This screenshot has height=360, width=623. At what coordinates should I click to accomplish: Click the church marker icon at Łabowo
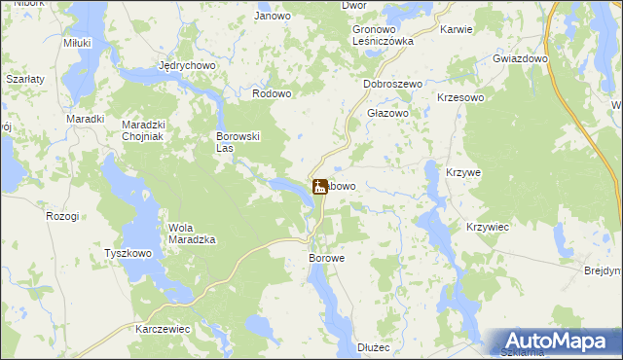coord(319,186)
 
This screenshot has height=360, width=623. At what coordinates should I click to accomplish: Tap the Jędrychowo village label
coord(186,66)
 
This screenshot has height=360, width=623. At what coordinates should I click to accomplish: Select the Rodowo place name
coord(272,93)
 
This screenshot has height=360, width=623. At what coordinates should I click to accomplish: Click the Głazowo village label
coord(386,113)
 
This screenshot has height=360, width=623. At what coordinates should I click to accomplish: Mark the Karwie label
coord(456,29)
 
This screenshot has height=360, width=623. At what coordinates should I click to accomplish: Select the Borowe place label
coord(327,259)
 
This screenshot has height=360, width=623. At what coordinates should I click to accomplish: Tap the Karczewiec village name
coord(163,330)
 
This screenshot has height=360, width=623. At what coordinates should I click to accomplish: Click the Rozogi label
coord(62,216)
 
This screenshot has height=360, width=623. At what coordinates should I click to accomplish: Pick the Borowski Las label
coord(237,143)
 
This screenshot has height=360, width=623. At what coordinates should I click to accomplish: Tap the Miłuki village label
coord(77,44)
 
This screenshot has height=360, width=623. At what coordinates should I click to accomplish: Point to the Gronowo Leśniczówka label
coord(383,36)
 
